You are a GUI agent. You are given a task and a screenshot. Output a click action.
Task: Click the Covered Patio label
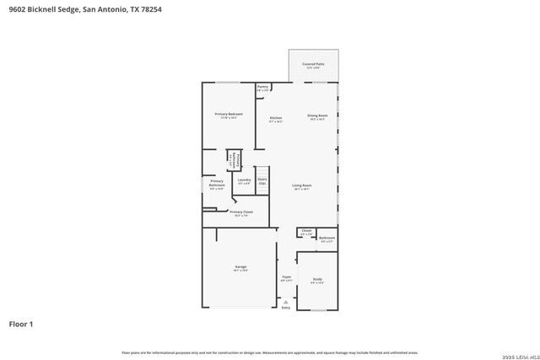314,65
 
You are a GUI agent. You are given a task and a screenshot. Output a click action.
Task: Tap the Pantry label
262,87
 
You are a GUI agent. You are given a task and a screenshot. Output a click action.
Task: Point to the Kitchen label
275,119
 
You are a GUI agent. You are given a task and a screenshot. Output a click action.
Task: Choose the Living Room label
302,186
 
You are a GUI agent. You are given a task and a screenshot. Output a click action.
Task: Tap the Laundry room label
244,180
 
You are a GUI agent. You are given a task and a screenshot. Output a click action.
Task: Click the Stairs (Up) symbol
262,180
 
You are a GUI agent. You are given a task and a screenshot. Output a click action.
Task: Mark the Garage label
240,268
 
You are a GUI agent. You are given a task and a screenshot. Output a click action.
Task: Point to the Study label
316,280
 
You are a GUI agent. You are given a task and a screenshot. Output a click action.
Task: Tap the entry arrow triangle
285,301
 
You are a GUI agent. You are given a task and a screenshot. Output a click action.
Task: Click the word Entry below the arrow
285,308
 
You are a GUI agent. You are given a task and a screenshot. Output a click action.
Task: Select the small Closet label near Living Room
306,231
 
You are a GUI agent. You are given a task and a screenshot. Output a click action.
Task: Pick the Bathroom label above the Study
327,239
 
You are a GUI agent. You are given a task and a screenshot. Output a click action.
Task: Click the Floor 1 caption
23,324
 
